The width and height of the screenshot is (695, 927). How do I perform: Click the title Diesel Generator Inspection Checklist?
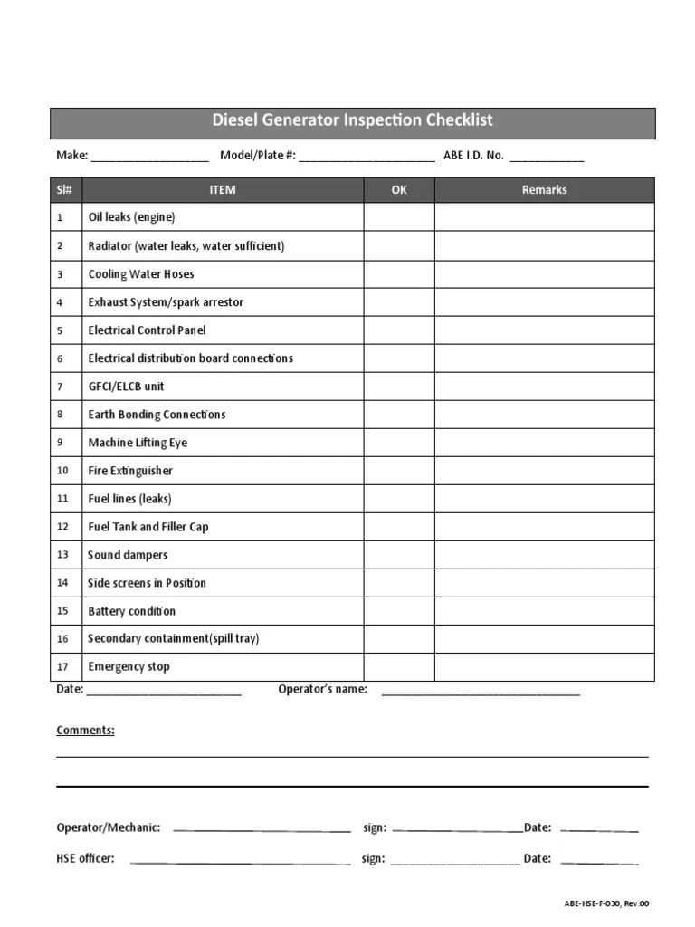(x=352, y=120)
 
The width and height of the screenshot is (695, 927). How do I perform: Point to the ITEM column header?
(x=223, y=190)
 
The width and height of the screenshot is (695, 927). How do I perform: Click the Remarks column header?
(x=544, y=190)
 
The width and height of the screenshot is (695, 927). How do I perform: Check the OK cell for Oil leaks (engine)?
(x=399, y=217)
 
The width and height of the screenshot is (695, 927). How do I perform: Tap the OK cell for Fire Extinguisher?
(x=399, y=471)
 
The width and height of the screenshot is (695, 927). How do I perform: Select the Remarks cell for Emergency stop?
(x=544, y=667)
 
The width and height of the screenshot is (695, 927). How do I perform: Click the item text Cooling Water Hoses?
(x=141, y=274)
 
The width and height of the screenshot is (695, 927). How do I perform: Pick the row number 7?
(x=60, y=387)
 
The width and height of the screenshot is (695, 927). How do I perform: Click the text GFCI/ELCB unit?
(x=127, y=387)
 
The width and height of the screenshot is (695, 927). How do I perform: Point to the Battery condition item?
(x=132, y=611)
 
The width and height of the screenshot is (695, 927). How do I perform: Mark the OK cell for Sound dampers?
(x=399, y=555)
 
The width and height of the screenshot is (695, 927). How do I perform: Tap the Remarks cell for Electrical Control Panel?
(x=544, y=330)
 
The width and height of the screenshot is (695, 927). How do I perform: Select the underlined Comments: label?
(x=85, y=731)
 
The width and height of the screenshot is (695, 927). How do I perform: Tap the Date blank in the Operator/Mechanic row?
(x=599, y=829)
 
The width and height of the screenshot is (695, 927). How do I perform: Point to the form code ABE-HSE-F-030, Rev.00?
(x=607, y=903)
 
